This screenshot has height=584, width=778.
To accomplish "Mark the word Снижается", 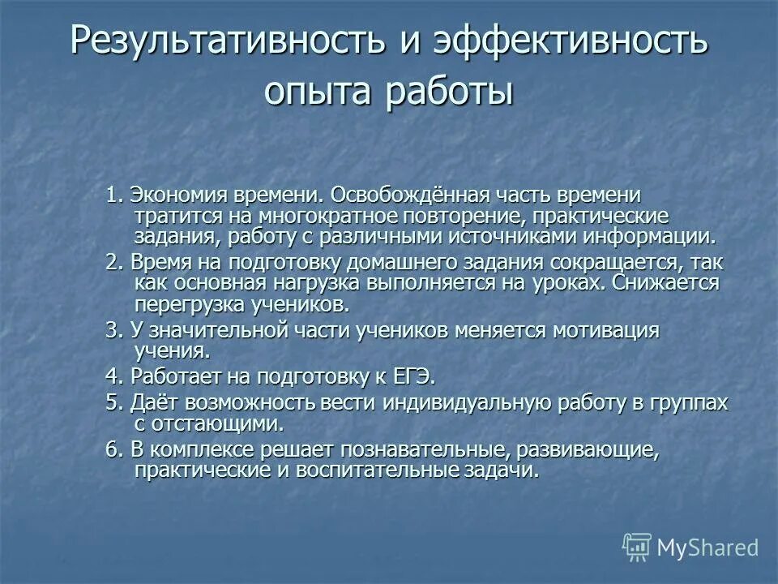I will click(x=666, y=283).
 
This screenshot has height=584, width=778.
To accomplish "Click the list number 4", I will click(x=112, y=376).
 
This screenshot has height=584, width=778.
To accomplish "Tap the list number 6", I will click(x=112, y=450).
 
